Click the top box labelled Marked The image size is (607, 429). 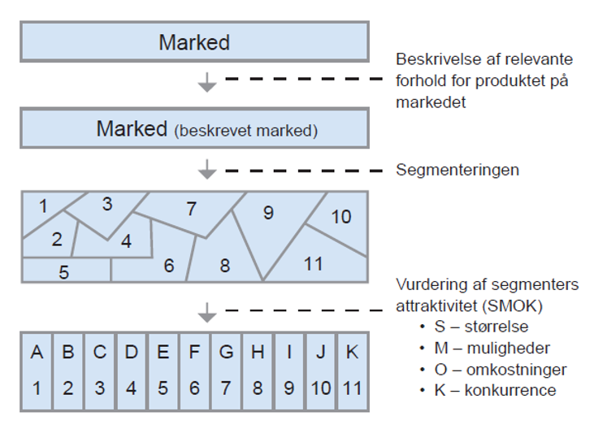click(194, 41)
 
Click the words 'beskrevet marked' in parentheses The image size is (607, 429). click(245, 130)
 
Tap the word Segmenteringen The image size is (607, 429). click(457, 171)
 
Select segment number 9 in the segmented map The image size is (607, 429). click(268, 214)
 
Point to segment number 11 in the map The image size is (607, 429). click(313, 263)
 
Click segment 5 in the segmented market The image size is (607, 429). click(64, 272)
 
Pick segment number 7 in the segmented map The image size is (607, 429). click(192, 210)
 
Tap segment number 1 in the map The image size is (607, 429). click(43, 207)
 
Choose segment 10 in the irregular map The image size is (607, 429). click(340, 217)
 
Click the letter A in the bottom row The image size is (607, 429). click(37, 353)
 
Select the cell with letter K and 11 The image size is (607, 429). click(353, 370)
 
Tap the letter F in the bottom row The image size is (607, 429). click(194, 353)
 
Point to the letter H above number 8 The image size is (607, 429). click(258, 353)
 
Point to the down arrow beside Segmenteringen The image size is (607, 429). click(208, 170)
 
